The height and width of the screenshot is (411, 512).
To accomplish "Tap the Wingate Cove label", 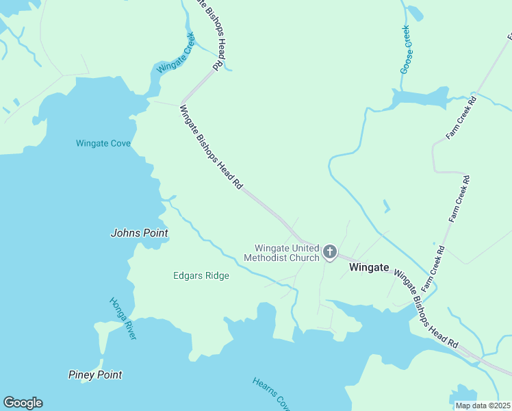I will click(103, 143).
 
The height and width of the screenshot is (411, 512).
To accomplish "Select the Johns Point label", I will click(140, 233).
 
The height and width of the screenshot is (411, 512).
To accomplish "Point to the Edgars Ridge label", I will click(201, 275).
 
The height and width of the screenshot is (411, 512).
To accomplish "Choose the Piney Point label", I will click(95, 375).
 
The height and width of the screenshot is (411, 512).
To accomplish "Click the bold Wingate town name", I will click(369, 268).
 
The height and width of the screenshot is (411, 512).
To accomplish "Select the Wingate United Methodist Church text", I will click(287, 253).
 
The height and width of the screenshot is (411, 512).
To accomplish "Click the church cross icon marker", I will click(330, 253).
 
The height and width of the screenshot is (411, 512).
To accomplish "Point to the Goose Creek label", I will click(405, 49).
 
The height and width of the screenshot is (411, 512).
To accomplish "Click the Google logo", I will click(23, 403).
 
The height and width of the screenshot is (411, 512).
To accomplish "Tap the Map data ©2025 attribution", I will click(483, 406).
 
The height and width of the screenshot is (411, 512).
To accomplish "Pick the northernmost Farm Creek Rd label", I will click(461, 118).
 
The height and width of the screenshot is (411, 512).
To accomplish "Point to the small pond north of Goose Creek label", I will click(415, 12).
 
